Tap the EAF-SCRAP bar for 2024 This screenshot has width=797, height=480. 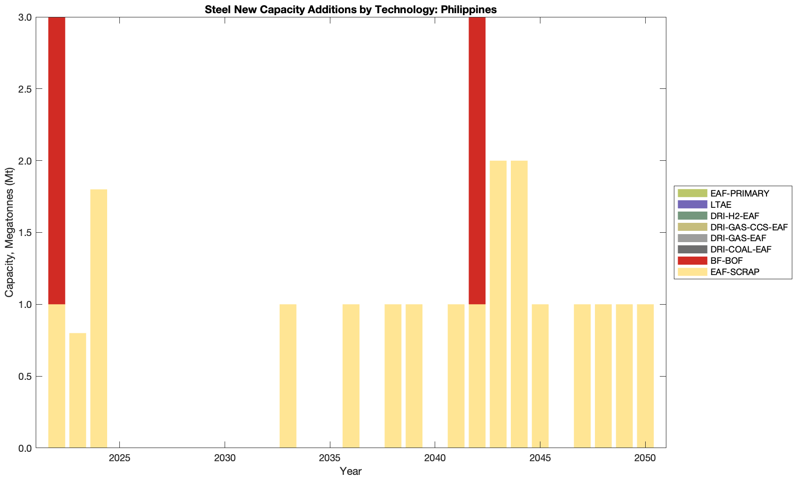(x=99, y=318)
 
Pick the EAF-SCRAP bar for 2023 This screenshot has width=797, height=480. (x=78, y=390)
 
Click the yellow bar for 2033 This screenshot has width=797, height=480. (x=288, y=376)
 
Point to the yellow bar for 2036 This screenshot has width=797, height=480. (x=351, y=376)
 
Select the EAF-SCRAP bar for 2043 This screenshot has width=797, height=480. (x=498, y=304)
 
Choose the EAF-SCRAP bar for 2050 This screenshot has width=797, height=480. (x=645, y=376)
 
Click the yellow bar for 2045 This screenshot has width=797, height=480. (x=540, y=376)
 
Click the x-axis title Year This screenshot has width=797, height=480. (x=351, y=471)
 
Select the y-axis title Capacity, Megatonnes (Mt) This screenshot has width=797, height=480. (x=9, y=232)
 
